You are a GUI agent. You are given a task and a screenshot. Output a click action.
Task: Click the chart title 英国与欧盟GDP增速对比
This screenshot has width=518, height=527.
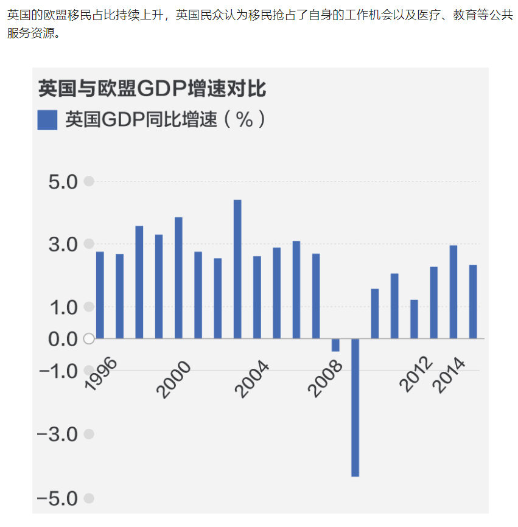click(152, 88)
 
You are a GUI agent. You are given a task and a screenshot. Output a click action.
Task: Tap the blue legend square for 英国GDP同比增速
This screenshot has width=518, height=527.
click(47, 120)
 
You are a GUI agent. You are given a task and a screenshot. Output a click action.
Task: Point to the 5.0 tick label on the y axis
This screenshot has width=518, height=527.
click(63, 182)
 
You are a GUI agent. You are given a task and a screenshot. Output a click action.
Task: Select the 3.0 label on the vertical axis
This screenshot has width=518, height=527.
click(63, 245)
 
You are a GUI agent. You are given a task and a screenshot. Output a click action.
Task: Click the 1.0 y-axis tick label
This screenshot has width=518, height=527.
click(63, 307)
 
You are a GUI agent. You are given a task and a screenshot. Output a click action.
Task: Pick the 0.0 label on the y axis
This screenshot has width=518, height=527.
click(63, 339)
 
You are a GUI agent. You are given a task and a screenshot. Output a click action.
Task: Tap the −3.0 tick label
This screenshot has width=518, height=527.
click(58, 435)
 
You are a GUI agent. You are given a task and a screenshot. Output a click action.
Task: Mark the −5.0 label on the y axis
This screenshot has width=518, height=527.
click(58, 499)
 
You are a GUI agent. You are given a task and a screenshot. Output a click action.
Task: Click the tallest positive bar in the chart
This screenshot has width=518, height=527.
click(237, 268)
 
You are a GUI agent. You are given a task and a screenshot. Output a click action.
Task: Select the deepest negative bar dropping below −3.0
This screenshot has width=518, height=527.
click(355, 407)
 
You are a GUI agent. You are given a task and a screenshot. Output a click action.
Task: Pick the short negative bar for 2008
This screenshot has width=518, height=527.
click(335, 345)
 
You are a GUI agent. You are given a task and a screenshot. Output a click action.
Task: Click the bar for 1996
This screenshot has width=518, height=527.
click(100, 295)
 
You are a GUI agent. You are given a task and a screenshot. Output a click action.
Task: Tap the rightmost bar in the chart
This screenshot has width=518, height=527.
click(473, 301)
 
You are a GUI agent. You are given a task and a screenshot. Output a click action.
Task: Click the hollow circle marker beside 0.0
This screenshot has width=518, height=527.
click(89, 339)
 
